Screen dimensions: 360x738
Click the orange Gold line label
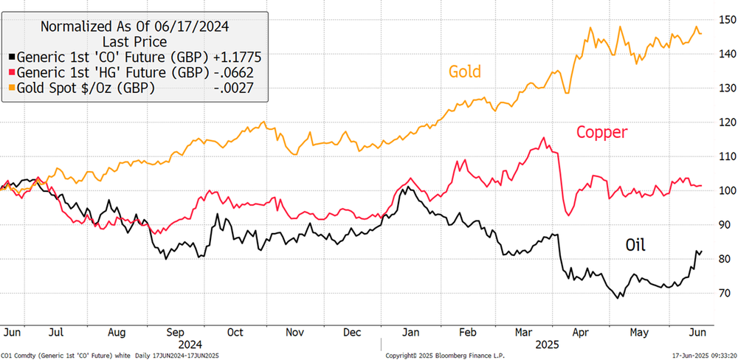point(464,72)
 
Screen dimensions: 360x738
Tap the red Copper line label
point(601,132)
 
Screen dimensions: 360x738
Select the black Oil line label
point(635,244)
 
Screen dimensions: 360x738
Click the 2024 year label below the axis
point(190,344)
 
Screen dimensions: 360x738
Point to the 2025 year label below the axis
point(546,344)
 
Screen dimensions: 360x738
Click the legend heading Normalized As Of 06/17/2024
point(134,26)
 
